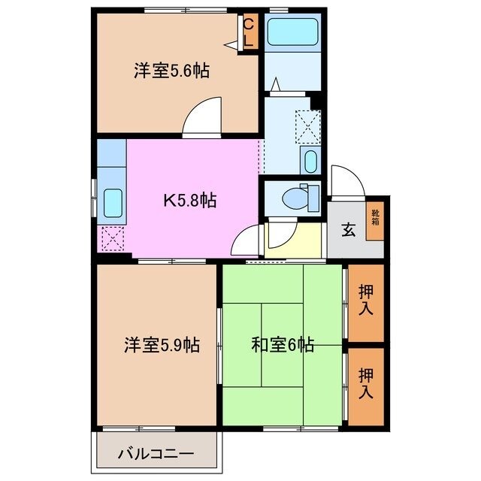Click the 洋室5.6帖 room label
(171, 71)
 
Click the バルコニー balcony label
(156, 454)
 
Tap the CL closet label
(249, 33)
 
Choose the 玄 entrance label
(349, 230)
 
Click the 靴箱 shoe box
(374, 218)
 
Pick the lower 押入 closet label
(366, 383)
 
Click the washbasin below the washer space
(309, 159)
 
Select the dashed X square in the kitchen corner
(111, 240)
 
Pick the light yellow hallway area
(284, 239)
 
